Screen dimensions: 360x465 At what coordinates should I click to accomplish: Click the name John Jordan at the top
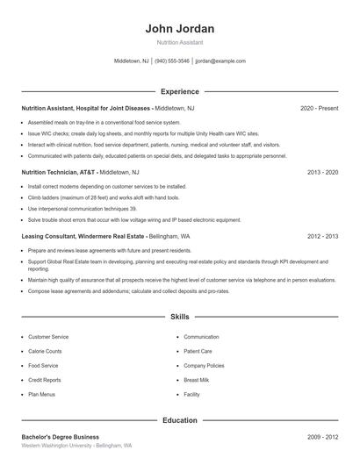(179, 29)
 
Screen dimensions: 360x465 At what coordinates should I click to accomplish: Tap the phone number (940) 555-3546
(172, 61)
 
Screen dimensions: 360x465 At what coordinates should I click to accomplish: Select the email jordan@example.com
(220, 61)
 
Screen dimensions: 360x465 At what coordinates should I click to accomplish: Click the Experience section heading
(179, 91)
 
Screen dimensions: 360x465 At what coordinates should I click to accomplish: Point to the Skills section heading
(179, 316)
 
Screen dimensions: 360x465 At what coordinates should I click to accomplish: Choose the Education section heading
(179, 420)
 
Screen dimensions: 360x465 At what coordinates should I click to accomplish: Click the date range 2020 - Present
(319, 108)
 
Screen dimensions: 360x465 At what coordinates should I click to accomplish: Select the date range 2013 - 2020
(322, 173)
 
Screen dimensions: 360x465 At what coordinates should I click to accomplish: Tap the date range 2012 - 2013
(322, 237)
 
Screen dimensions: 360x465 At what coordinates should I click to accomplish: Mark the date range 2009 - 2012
(322, 437)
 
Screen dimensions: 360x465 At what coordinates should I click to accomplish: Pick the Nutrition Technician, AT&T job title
(59, 173)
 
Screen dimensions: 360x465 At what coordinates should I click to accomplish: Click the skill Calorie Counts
(45, 351)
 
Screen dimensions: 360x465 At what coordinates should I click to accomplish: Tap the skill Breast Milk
(197, 380)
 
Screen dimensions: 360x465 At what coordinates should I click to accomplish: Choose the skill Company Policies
(204, 366)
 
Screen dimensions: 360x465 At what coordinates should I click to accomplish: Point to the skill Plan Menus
(41, 395)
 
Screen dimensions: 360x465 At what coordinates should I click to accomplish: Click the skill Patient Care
(198, 351)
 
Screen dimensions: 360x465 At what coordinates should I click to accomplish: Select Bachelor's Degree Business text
(60, 437)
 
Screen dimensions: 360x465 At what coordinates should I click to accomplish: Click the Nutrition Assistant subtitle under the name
(179, 42)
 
